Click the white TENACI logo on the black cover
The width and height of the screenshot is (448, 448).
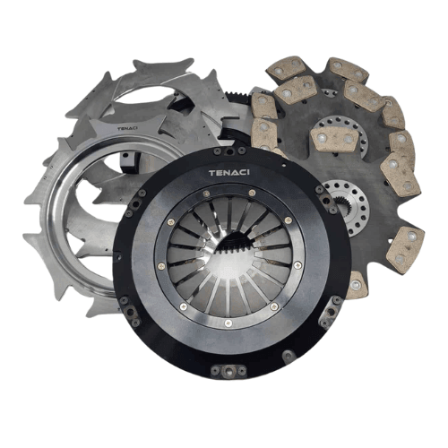click(229, 173)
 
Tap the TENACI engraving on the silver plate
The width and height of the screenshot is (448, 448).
click(127, 128)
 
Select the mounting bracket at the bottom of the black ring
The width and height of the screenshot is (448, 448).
click(228, 371)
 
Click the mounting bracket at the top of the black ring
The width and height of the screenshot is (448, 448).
click(229, 151)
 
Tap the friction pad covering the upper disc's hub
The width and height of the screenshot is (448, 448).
click(334, 139)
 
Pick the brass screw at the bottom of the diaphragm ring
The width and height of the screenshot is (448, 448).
click(228, 322)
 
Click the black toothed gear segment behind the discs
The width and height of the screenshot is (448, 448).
click(236, 96)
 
